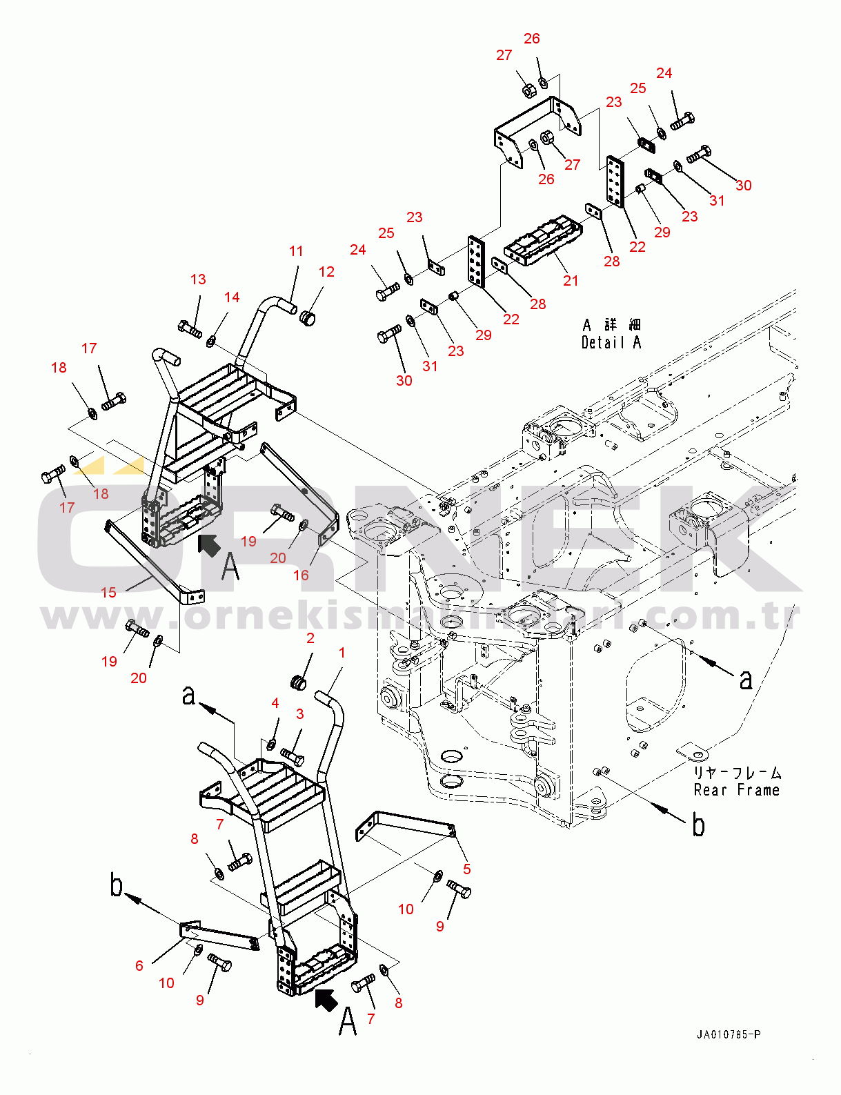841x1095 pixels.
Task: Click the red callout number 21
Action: pos(571,281)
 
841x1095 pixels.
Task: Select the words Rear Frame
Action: pos(737,789)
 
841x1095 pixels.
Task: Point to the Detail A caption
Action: pos(611,342)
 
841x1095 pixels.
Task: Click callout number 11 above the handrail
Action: pos(296,250)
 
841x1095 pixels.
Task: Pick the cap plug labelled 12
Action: pos(308,319)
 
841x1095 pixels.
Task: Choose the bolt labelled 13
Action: pos(190,330)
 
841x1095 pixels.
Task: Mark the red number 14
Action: pos(232,297)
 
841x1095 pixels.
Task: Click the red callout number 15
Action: pos(109,592)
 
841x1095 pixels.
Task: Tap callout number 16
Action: pos(301,575)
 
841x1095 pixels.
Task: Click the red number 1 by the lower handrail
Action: pos(342,653)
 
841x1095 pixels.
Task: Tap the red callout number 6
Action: pos(139,965)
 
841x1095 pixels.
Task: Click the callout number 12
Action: pos(326,272)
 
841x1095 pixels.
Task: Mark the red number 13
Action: pos(199,279)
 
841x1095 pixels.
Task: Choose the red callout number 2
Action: pos(310,638)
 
